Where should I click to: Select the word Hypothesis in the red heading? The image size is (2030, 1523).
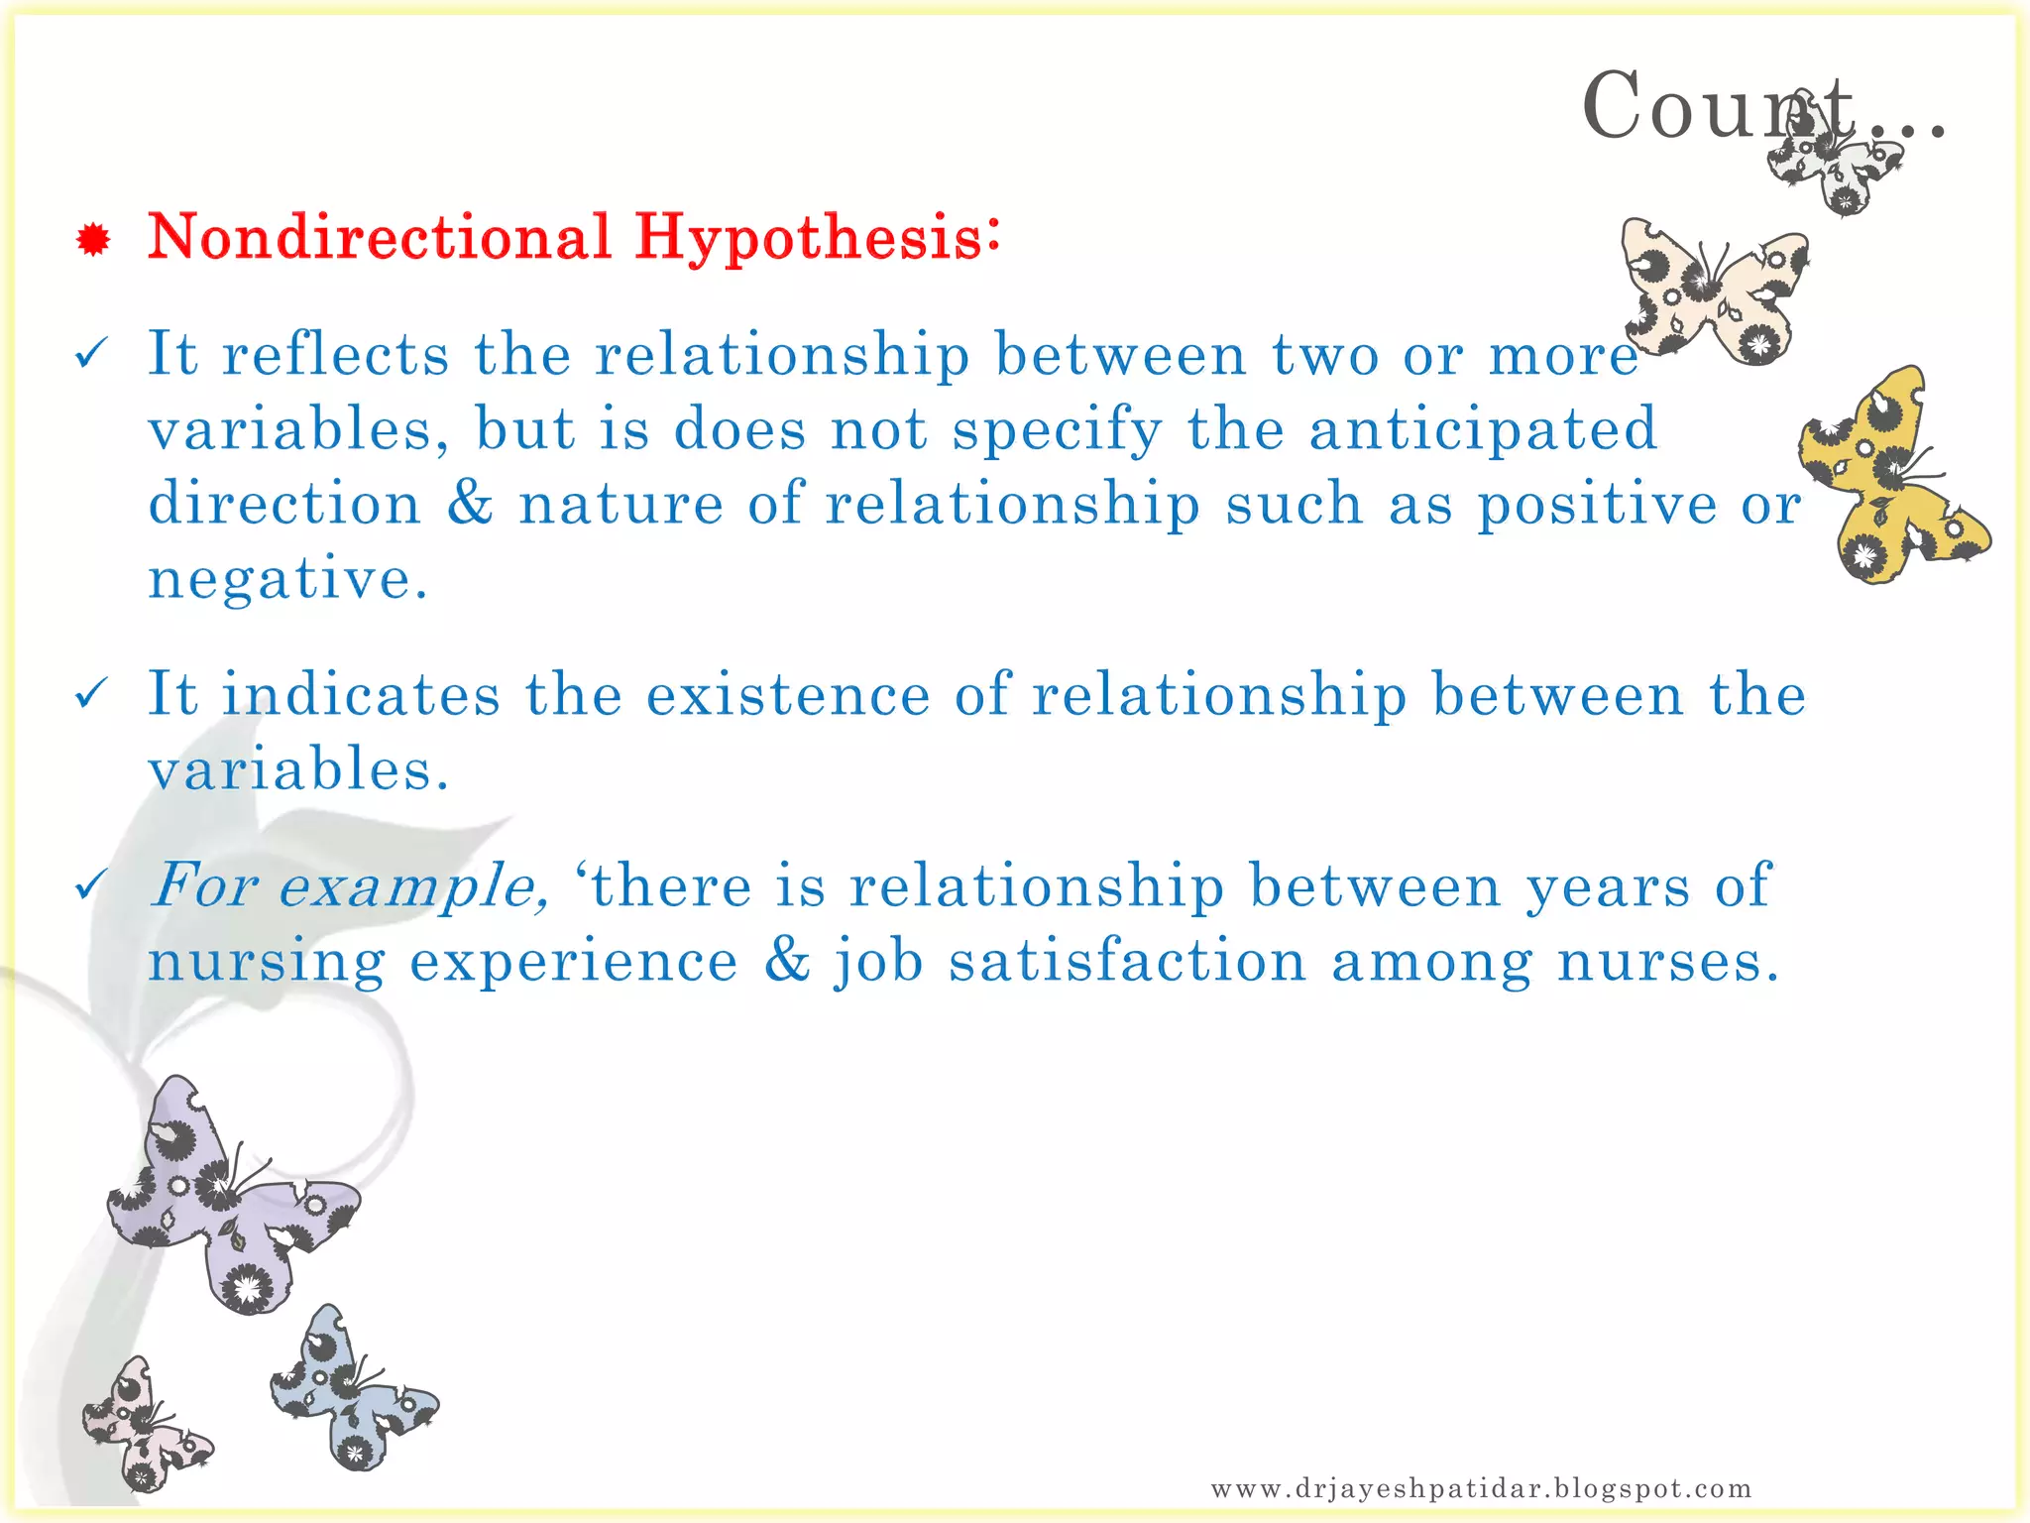(816, 238)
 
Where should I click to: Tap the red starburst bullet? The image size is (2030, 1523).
(92, 240)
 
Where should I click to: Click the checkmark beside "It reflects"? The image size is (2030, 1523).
(90, 353)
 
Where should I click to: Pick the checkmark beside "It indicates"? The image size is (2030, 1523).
(90, 693)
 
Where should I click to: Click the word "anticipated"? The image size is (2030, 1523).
(1482, 428)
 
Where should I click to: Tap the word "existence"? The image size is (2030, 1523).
(788, 694)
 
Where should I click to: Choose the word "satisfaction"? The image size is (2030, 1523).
(1127, 962)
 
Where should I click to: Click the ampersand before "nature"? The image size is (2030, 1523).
(469, 503)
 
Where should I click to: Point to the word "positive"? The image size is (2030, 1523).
(1597, 504)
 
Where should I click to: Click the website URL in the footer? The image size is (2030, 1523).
(1481, 1487)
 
